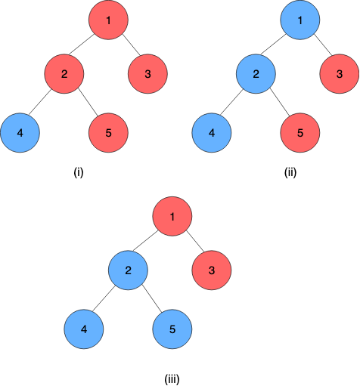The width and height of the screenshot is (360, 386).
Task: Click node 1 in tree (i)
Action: (108, 20)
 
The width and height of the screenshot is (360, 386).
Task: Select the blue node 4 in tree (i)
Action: (20, 133)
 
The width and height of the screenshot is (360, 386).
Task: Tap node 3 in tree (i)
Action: (147, 74)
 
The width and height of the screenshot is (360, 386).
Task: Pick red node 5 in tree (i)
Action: (108, 133)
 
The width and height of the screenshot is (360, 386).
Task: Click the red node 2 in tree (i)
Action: (64, 74)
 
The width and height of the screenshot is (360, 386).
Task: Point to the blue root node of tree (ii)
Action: (300, 20)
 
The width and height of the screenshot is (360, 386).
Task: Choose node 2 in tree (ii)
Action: (256, 74)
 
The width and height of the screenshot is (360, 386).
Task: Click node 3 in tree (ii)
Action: (340, 74)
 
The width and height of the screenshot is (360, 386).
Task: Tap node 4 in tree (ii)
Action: (212, 133)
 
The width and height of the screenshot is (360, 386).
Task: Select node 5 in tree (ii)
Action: (300, 133)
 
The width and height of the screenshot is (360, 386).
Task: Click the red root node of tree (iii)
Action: (172, 216)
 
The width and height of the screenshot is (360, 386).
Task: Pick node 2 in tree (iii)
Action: (128, 270)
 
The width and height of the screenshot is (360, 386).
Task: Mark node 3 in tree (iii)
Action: (212, 270)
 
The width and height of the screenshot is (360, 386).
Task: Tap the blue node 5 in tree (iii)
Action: (172, 329)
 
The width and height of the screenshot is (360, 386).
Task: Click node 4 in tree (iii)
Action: (84, 329)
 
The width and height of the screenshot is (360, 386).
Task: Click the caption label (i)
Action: (79, 173)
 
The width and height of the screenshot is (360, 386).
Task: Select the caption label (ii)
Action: (290, 173)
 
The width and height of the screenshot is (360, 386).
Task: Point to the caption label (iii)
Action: (172, 379)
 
